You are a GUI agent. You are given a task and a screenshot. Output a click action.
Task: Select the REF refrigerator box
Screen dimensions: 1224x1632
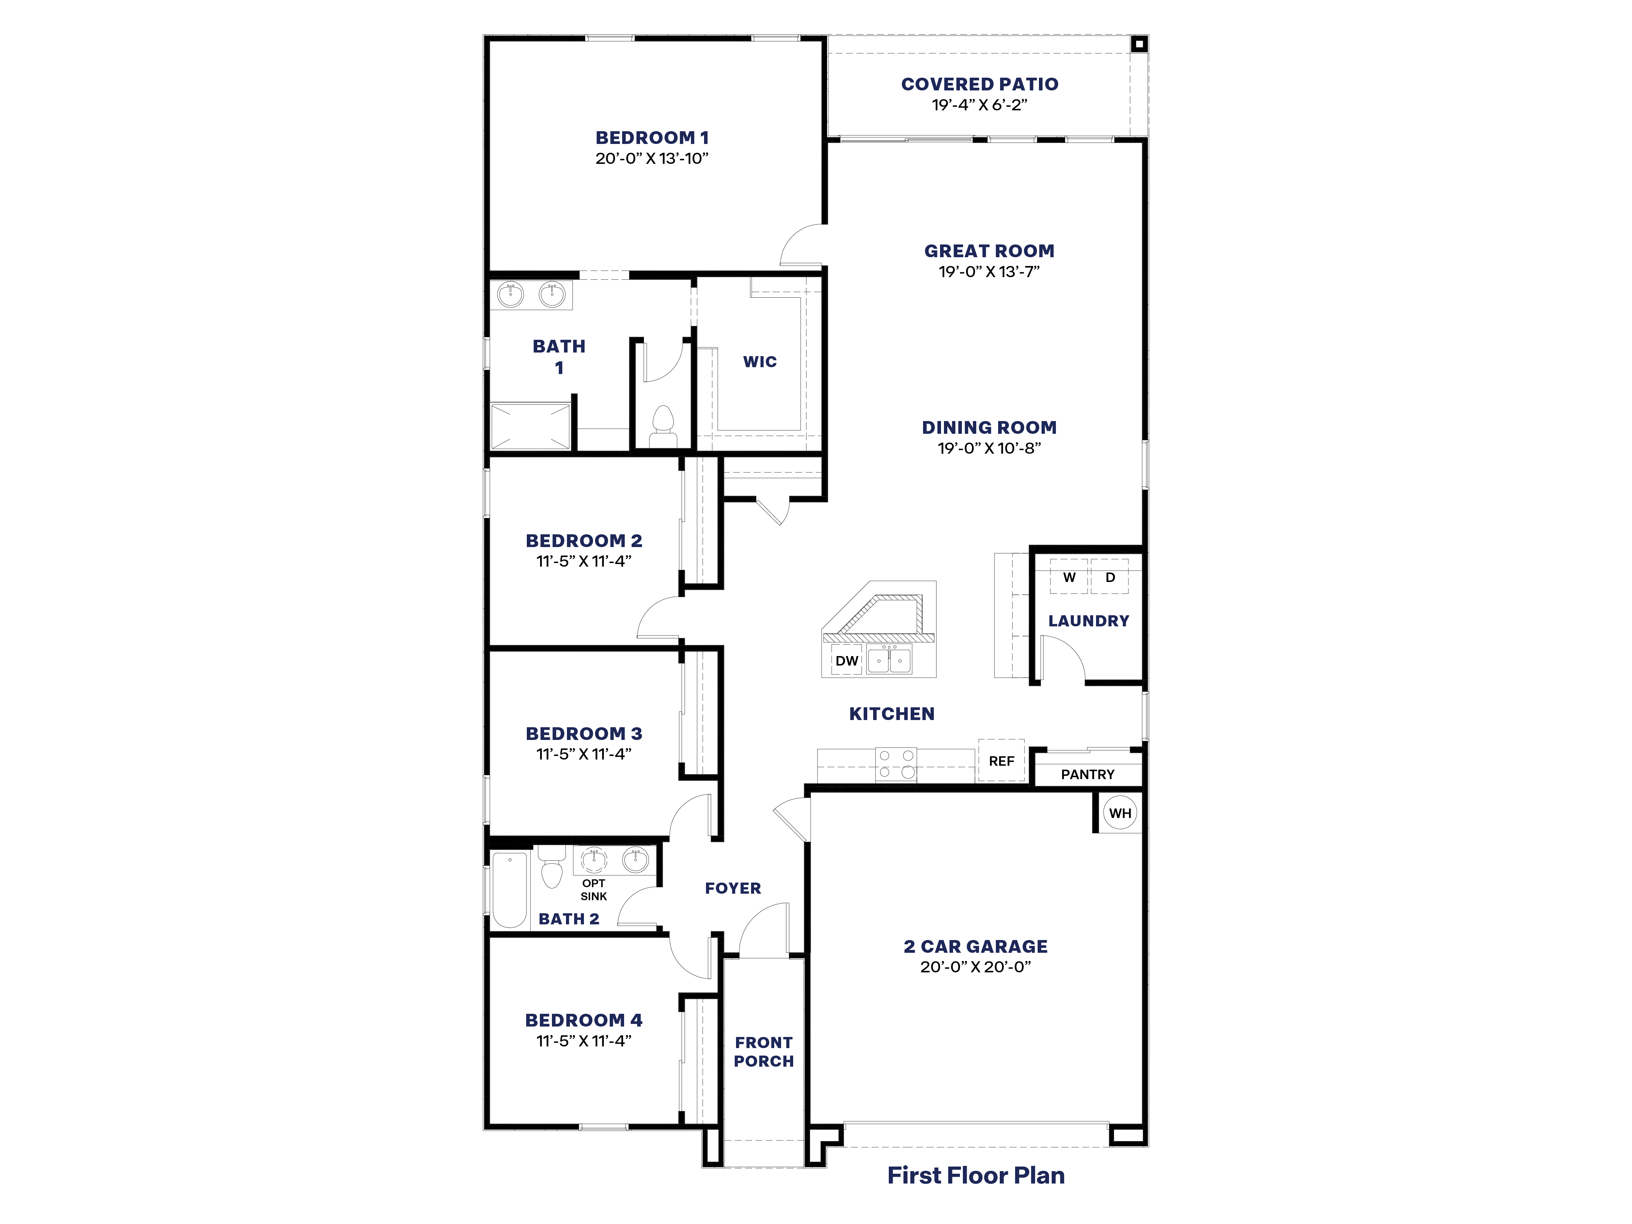(1001, 761)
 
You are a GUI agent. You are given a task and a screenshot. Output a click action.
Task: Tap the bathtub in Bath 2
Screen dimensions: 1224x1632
(510, 889)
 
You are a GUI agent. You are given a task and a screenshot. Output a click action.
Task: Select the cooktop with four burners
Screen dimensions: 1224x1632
(896, 764)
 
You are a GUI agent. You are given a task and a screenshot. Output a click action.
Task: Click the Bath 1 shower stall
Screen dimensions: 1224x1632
(530, 426)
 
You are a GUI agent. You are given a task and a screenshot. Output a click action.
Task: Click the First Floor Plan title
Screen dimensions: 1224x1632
(975, 1175)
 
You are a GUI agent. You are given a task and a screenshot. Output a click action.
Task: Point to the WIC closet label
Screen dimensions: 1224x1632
(760, 362)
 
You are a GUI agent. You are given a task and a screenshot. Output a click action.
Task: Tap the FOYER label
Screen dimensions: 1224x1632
(733, 888)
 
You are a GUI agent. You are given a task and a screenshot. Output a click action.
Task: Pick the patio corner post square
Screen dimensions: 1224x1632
(1139, 44)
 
